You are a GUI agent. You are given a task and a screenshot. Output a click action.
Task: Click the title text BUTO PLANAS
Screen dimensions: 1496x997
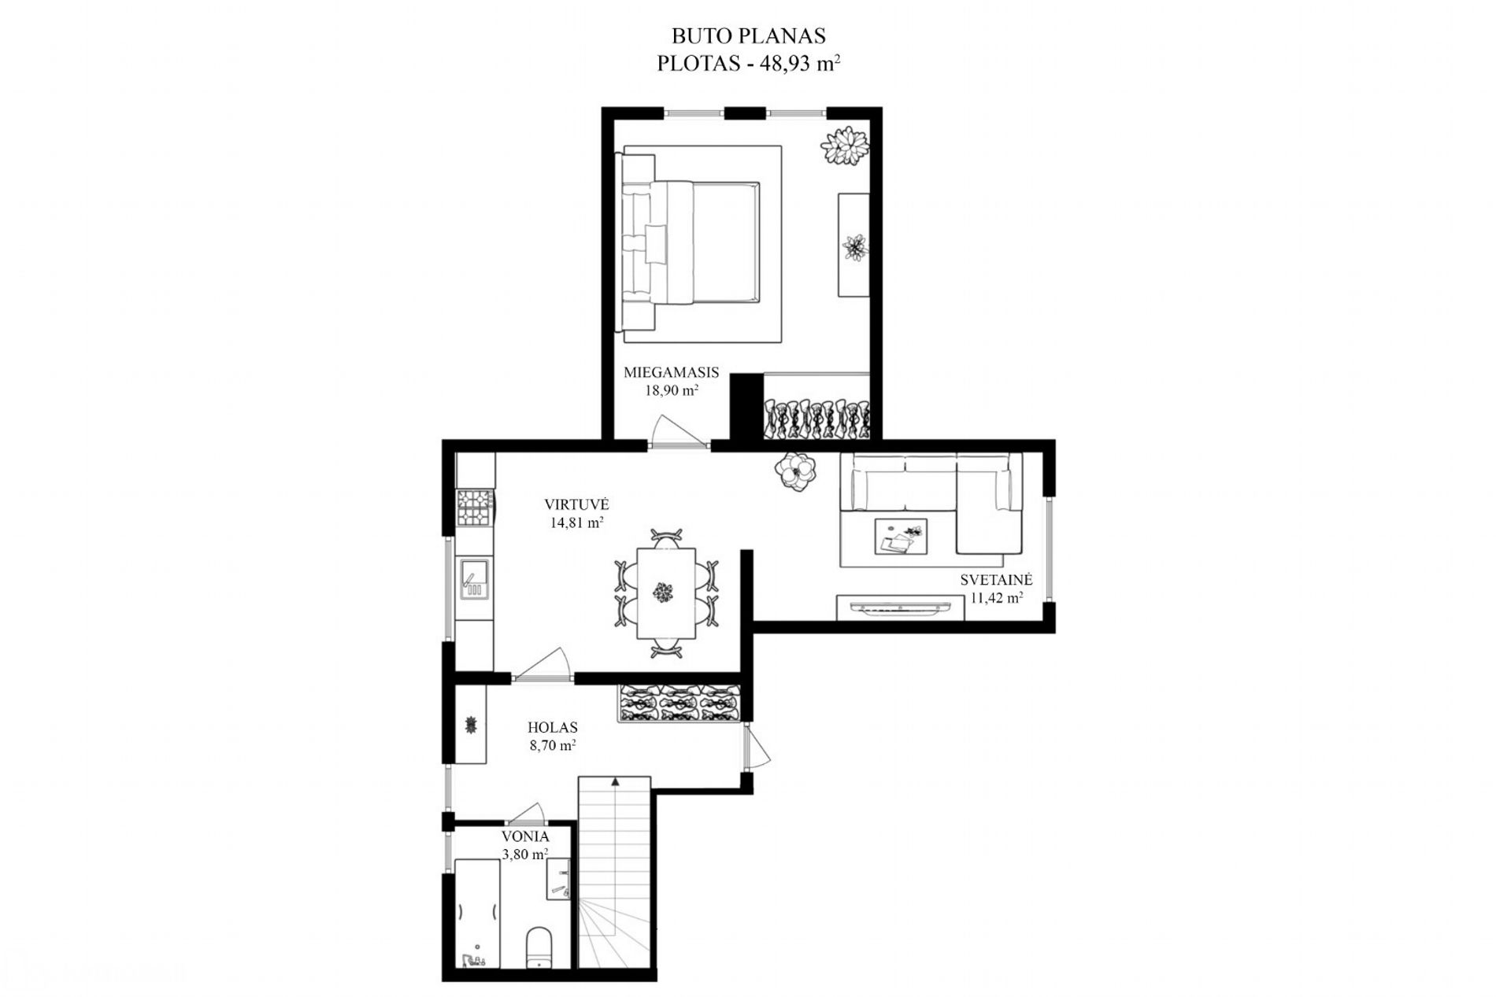(x=748, y=35)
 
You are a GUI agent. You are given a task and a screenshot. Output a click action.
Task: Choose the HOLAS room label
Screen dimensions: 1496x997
(x=553, y=727)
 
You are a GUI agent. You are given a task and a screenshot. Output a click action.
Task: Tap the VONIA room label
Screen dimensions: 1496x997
(x=525, y=836)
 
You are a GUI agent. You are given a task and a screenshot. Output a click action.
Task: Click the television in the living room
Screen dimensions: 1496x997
(x=900, y=607)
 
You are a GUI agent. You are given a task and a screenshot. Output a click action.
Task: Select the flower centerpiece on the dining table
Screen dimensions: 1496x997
(x=665, y=591)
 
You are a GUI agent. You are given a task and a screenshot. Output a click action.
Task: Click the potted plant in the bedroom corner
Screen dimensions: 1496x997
(x=846, y=146)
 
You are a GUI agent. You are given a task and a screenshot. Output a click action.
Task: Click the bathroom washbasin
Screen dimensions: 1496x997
(x=559, y=879)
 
